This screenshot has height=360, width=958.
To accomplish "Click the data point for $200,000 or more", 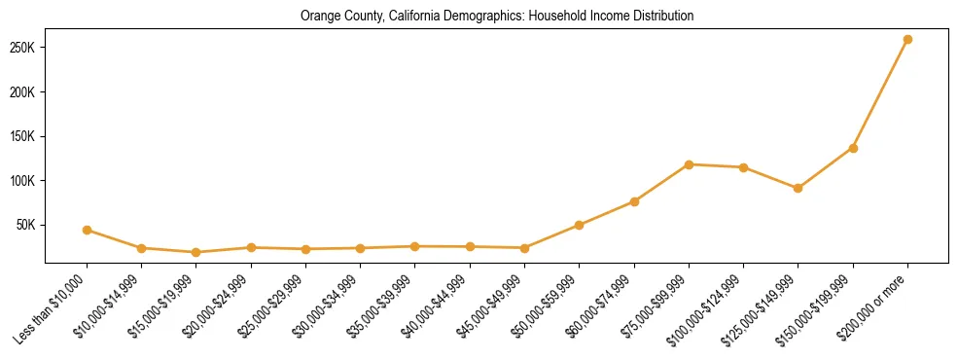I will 907,40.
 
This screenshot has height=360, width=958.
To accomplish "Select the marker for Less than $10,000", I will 88,230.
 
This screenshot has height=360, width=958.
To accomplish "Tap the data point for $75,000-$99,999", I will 689,164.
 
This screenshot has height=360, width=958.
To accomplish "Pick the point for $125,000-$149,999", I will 798,188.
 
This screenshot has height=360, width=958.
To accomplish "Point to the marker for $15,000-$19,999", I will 196,252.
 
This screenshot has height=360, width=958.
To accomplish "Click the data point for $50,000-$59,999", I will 580,225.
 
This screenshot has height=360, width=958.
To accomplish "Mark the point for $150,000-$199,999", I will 853,148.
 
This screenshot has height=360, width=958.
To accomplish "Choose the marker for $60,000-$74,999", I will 634,201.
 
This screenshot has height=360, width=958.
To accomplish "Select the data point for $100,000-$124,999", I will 744,167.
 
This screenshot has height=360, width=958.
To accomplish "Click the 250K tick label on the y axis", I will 22,49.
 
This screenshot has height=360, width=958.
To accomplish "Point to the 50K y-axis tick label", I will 25,225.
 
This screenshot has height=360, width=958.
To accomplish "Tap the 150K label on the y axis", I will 22,136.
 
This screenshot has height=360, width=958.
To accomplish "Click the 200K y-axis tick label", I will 22,92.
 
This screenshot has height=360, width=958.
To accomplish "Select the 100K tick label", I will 22,181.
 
